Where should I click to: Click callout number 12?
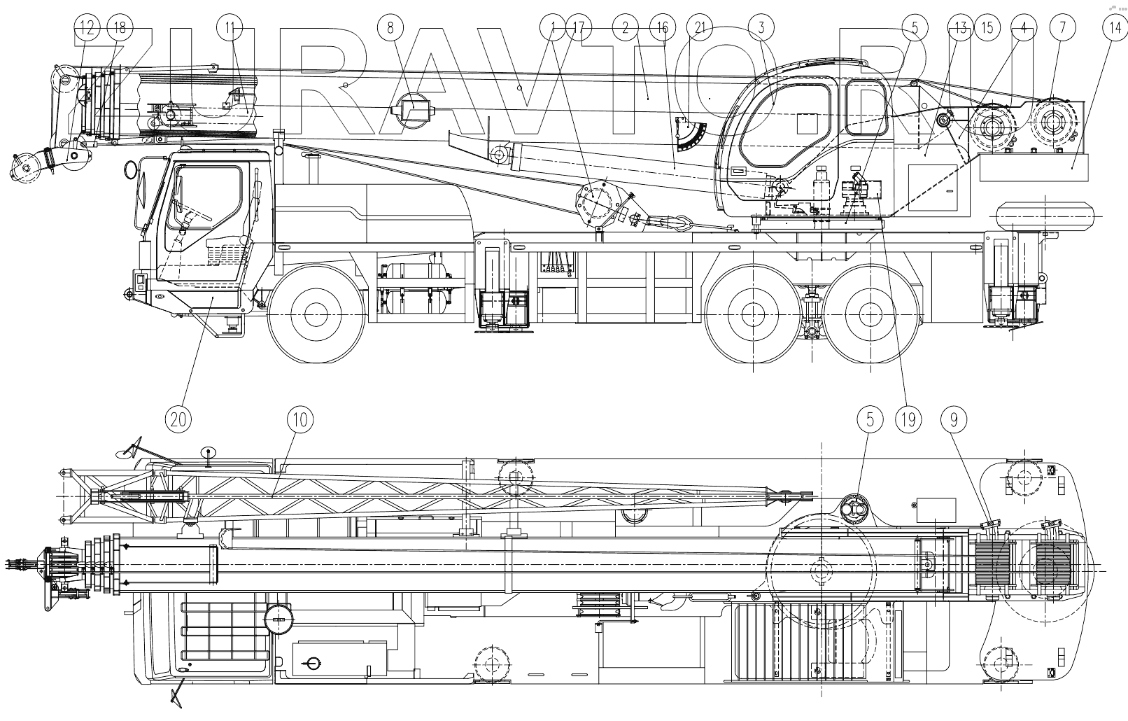tap(87, 28)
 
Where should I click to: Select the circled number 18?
tap(120, 28)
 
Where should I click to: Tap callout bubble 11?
tap(230, 28)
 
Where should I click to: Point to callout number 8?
tap(390, 28)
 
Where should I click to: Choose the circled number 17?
tap(579, 28)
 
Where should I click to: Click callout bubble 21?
tap(696, 28)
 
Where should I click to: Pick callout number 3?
tap(761, 28)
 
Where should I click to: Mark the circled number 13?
tap(960, 28)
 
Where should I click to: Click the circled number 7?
tap(1063, 28)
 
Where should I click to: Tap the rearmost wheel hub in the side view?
tap(869, 311)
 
